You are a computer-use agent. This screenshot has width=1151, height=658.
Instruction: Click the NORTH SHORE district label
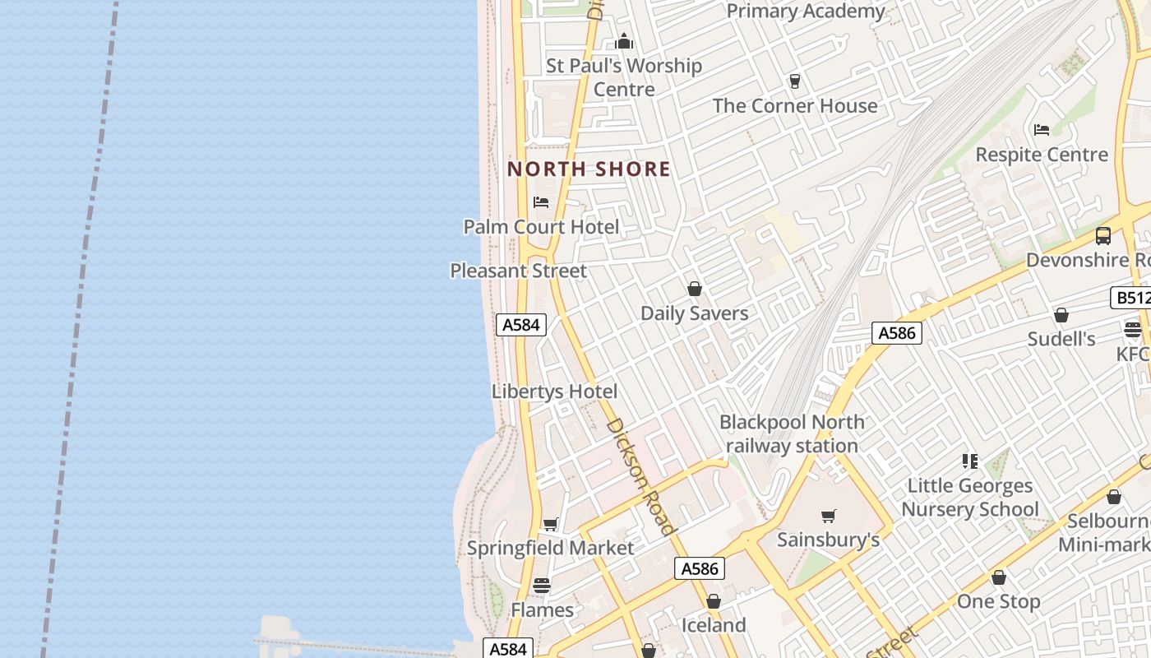tap(589, 169)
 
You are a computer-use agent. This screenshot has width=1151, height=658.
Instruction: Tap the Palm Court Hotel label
tap(541, 227)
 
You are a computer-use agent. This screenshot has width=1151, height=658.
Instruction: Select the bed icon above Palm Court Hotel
tap(541, 202)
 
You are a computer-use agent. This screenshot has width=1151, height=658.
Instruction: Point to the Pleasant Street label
tap(518, 271)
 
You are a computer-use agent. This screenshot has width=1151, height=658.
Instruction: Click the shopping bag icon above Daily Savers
tap(695, 289)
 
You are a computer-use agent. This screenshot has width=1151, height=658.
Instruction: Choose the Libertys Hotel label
tap(554, 392)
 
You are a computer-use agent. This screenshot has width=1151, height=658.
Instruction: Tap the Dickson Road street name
tap(640, 476)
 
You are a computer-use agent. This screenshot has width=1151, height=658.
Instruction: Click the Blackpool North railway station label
tap(792, 434)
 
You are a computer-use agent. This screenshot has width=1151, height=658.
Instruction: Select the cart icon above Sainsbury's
tap(828, 516)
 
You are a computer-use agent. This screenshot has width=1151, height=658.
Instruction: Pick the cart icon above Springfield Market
tap(550, 524)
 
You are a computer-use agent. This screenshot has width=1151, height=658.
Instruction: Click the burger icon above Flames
tap(542, 586)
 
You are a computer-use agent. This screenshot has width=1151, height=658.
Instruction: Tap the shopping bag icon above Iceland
tap(714, 601)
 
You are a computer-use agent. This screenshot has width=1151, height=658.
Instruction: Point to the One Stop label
tap(998, 601)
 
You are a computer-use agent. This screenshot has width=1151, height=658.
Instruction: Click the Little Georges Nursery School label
tap(970, 498)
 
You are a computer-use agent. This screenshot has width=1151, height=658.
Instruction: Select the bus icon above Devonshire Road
tap(1103, 236)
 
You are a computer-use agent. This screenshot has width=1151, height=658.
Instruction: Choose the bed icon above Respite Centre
tap(1042, 130)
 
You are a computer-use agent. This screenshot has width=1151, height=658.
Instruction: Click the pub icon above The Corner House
tap(795, 81)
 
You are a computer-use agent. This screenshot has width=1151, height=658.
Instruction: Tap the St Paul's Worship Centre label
tap(624, 77)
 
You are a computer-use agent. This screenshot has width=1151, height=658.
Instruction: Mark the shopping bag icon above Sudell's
tap(1061, 315)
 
